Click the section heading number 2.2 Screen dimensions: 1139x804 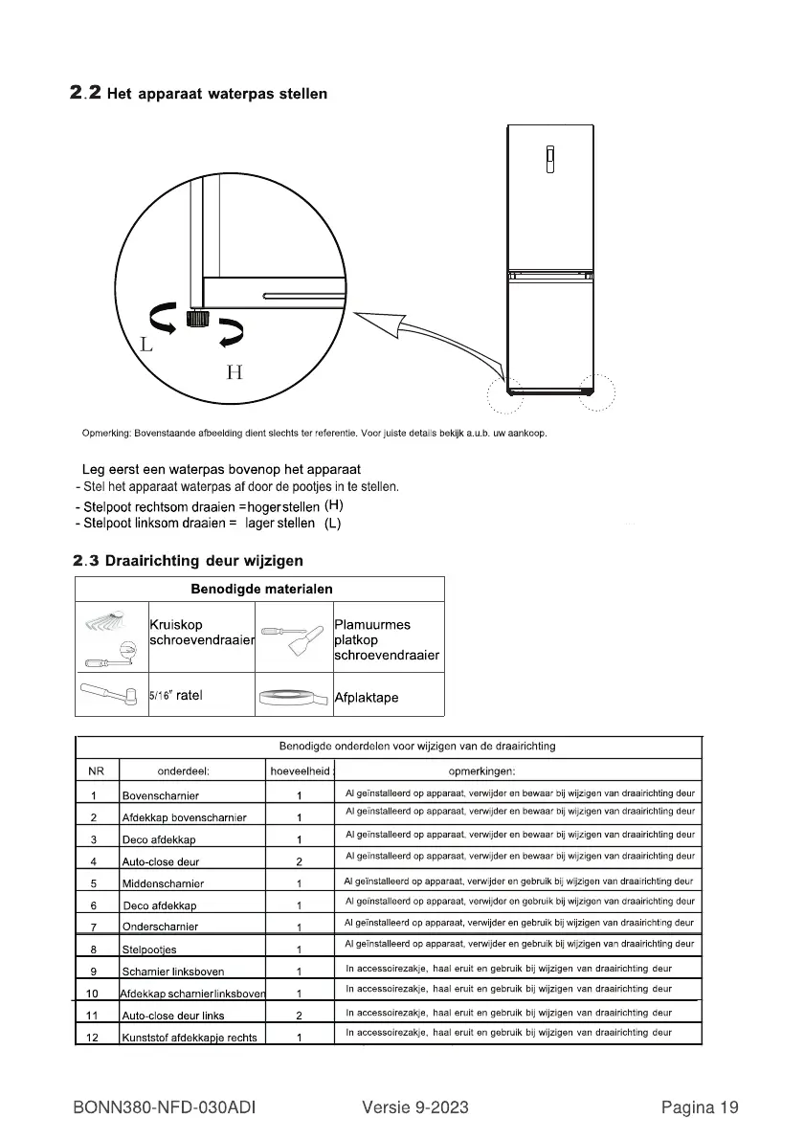tap(86, 94)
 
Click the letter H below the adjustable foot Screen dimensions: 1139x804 tap(234, 372)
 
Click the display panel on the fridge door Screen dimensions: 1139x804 tap(550, 160)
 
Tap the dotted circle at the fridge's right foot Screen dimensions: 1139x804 tap(597, 391)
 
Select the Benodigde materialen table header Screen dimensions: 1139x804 tap(261, 589)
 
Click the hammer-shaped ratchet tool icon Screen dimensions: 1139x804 tap(110, 697)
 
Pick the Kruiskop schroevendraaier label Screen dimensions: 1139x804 tap(201, 633)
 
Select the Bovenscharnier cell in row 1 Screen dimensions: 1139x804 tap(161, 795)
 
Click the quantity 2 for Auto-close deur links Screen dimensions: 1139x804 tap(300, 1016)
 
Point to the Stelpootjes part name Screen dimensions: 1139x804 tap(150, 950)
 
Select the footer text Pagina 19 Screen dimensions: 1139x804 tap(700, 1108)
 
